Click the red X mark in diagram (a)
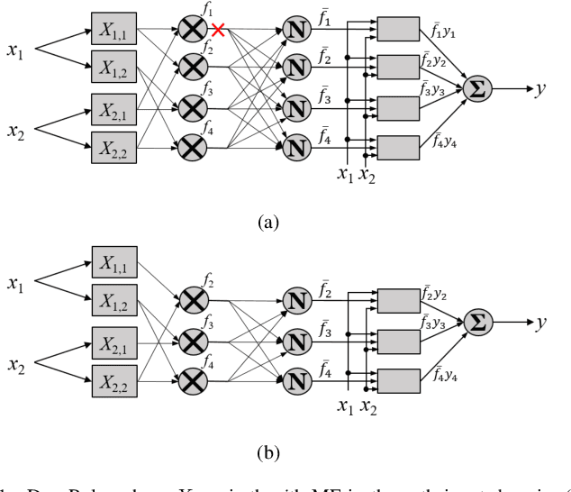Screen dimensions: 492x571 [x=217, y=30]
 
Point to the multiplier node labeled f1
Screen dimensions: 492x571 [x=191, y=30]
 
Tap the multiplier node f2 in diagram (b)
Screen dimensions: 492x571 [x=191, y=299]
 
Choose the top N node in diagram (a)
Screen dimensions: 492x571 [x=296, y=30]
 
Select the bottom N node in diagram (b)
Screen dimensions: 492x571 [x=296, y=378]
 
